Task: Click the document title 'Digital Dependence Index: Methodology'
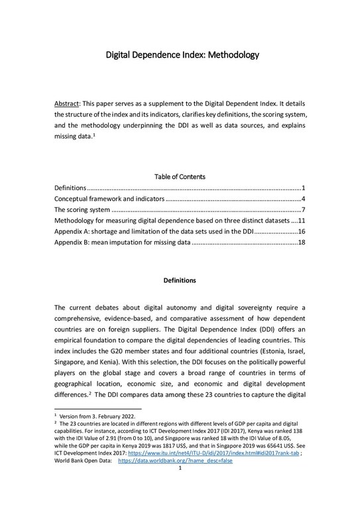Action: [x=180, y=56]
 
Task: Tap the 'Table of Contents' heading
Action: [x=180, y=177]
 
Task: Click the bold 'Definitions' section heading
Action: [x=180, y=280]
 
